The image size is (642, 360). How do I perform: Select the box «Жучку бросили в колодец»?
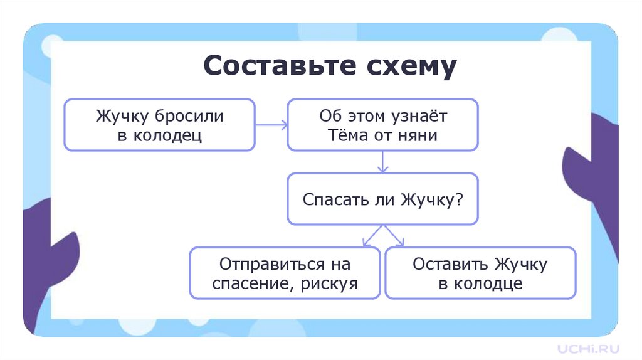click(x=160, y=125)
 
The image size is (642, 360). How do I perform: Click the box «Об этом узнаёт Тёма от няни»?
click(x=383, y=125)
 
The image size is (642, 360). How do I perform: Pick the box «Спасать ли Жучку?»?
click(x=383, y=199)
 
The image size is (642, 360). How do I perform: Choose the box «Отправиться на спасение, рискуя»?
click(x=285, y=273)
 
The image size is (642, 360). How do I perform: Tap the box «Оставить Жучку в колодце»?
click(x=480, y=273)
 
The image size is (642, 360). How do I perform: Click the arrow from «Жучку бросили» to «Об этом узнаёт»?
click(x=271, y=125)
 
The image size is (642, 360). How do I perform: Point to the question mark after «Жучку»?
click(x=459, y=199)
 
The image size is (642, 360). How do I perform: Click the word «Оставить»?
click(x=450, y=264)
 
